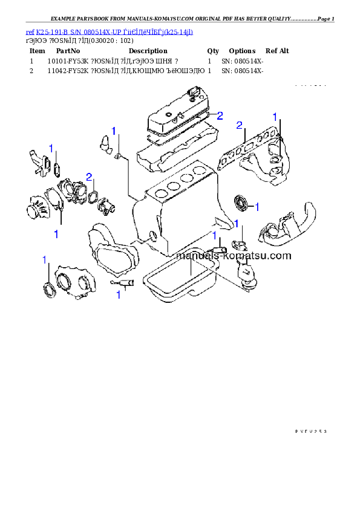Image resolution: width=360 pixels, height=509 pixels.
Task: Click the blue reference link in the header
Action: pos(110,31)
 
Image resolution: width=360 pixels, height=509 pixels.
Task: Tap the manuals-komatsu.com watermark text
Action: pos(233,256)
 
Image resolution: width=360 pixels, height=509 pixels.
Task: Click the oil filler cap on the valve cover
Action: pos(194,93)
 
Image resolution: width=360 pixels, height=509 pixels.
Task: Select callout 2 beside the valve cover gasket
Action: pos(220,115)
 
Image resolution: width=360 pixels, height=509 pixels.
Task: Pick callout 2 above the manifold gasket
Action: pos(240,126)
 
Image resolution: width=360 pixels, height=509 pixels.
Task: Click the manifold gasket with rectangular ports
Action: pos(245,148)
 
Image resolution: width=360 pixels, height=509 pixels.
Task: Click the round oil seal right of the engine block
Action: pos(241,202)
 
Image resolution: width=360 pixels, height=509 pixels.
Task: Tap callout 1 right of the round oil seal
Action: pos(257,207)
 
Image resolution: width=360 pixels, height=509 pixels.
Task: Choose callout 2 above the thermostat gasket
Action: pos(90,177)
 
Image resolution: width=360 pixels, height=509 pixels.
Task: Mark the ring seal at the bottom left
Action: pos(47,289)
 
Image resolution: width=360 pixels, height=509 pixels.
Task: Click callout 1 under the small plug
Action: pos(119,295)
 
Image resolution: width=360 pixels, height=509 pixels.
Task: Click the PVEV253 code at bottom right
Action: pos(310,431)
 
